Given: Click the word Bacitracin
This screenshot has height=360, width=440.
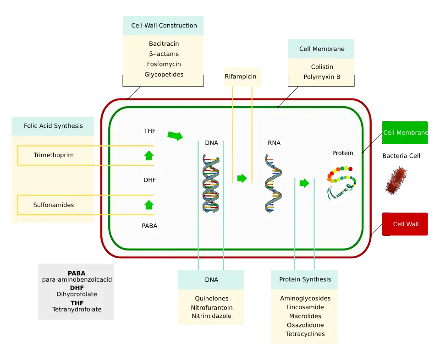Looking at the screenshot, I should pyautogui.click(x=164, y=44).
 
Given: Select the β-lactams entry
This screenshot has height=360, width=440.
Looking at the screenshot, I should pyautogui.click(x=164, y=54).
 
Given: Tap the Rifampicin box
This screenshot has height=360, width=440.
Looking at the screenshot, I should pyautogui.click(x=240, y=77).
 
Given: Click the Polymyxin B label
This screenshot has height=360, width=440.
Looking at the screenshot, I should pyautogui.click(x=322, y=77).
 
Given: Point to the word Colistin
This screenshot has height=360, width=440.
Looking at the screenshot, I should pyautogui.click(x=322, y=67).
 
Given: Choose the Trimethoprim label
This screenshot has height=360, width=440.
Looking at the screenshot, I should pyautogui.click(x=54, y=155).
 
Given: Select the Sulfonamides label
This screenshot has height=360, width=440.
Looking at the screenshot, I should pyautogui.click(x=54, y=205).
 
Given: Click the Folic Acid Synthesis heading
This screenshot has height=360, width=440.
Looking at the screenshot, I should pyautogui.click(x=53, y=126).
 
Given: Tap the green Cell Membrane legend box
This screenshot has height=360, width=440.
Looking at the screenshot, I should pyautogui.click(x=405, y=133).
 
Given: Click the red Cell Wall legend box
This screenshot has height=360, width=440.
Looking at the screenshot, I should pyautogui.click(x=405, y=224).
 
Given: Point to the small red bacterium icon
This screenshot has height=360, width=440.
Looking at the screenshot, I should pyautogui.click(x=396, y=182).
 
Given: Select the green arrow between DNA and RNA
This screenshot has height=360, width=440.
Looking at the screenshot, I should pyautogui.click(x=242, y=178).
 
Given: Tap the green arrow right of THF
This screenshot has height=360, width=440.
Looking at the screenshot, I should pyautogui.click(x=175, y=136).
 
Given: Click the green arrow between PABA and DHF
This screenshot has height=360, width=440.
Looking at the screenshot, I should pyautogui.click(x=148, y=204).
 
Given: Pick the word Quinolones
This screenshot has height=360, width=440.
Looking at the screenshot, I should pyautogui.click(x=211, y=299).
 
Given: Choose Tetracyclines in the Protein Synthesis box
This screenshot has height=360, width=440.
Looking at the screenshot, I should pyautogui.click(x=305, y=334).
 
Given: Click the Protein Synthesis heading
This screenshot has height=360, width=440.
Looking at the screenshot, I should pyautogui.click(x=305, y=279).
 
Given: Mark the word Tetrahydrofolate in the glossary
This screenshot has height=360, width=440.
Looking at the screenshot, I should pyautogui.click(x=77, y=310).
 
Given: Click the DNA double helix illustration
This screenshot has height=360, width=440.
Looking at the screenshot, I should pyautogui.click(x=211, y=183).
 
